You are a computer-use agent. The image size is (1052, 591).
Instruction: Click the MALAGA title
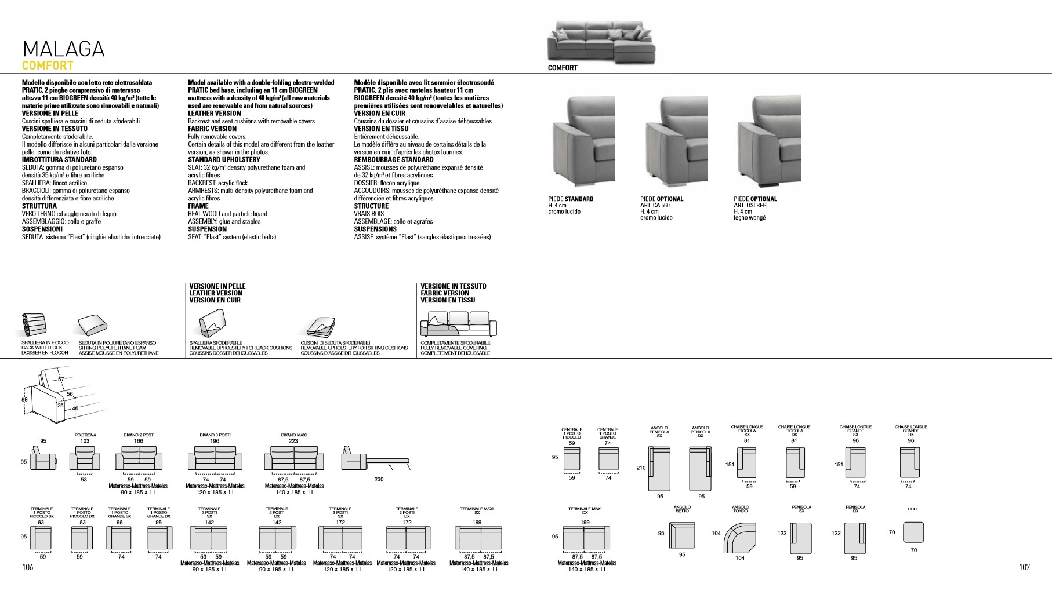coord(63,49)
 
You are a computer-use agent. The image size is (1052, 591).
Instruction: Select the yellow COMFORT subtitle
coord(48,65)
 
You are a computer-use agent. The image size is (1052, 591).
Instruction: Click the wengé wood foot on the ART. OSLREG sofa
coord(771,185)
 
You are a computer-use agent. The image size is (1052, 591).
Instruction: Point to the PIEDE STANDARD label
coord(571,199)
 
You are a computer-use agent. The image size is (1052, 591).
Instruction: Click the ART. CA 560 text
coord(655,205)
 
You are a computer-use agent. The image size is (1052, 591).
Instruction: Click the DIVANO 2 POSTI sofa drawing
coord(139,458)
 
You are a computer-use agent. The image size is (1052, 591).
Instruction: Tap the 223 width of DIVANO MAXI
coord(293,441)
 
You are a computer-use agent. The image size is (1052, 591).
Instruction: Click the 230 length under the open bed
coord(379,479)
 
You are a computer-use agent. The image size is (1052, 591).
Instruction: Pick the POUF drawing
coord(913,532)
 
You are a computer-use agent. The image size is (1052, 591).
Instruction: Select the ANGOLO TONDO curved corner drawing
coord(741,537)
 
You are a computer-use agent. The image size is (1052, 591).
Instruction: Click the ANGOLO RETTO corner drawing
coord(682,535)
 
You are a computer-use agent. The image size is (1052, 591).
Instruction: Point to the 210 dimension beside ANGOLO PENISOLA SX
coord(641,468)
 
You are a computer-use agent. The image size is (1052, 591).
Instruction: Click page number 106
coord(28,567)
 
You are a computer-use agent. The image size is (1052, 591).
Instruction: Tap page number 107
coord(1024,567)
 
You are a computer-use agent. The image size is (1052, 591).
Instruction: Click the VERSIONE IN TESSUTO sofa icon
coord(459,324)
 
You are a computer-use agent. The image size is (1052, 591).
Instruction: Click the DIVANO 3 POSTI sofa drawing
coord(215,458)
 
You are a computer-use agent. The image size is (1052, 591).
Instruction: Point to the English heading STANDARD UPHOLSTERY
coord(224,159)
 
